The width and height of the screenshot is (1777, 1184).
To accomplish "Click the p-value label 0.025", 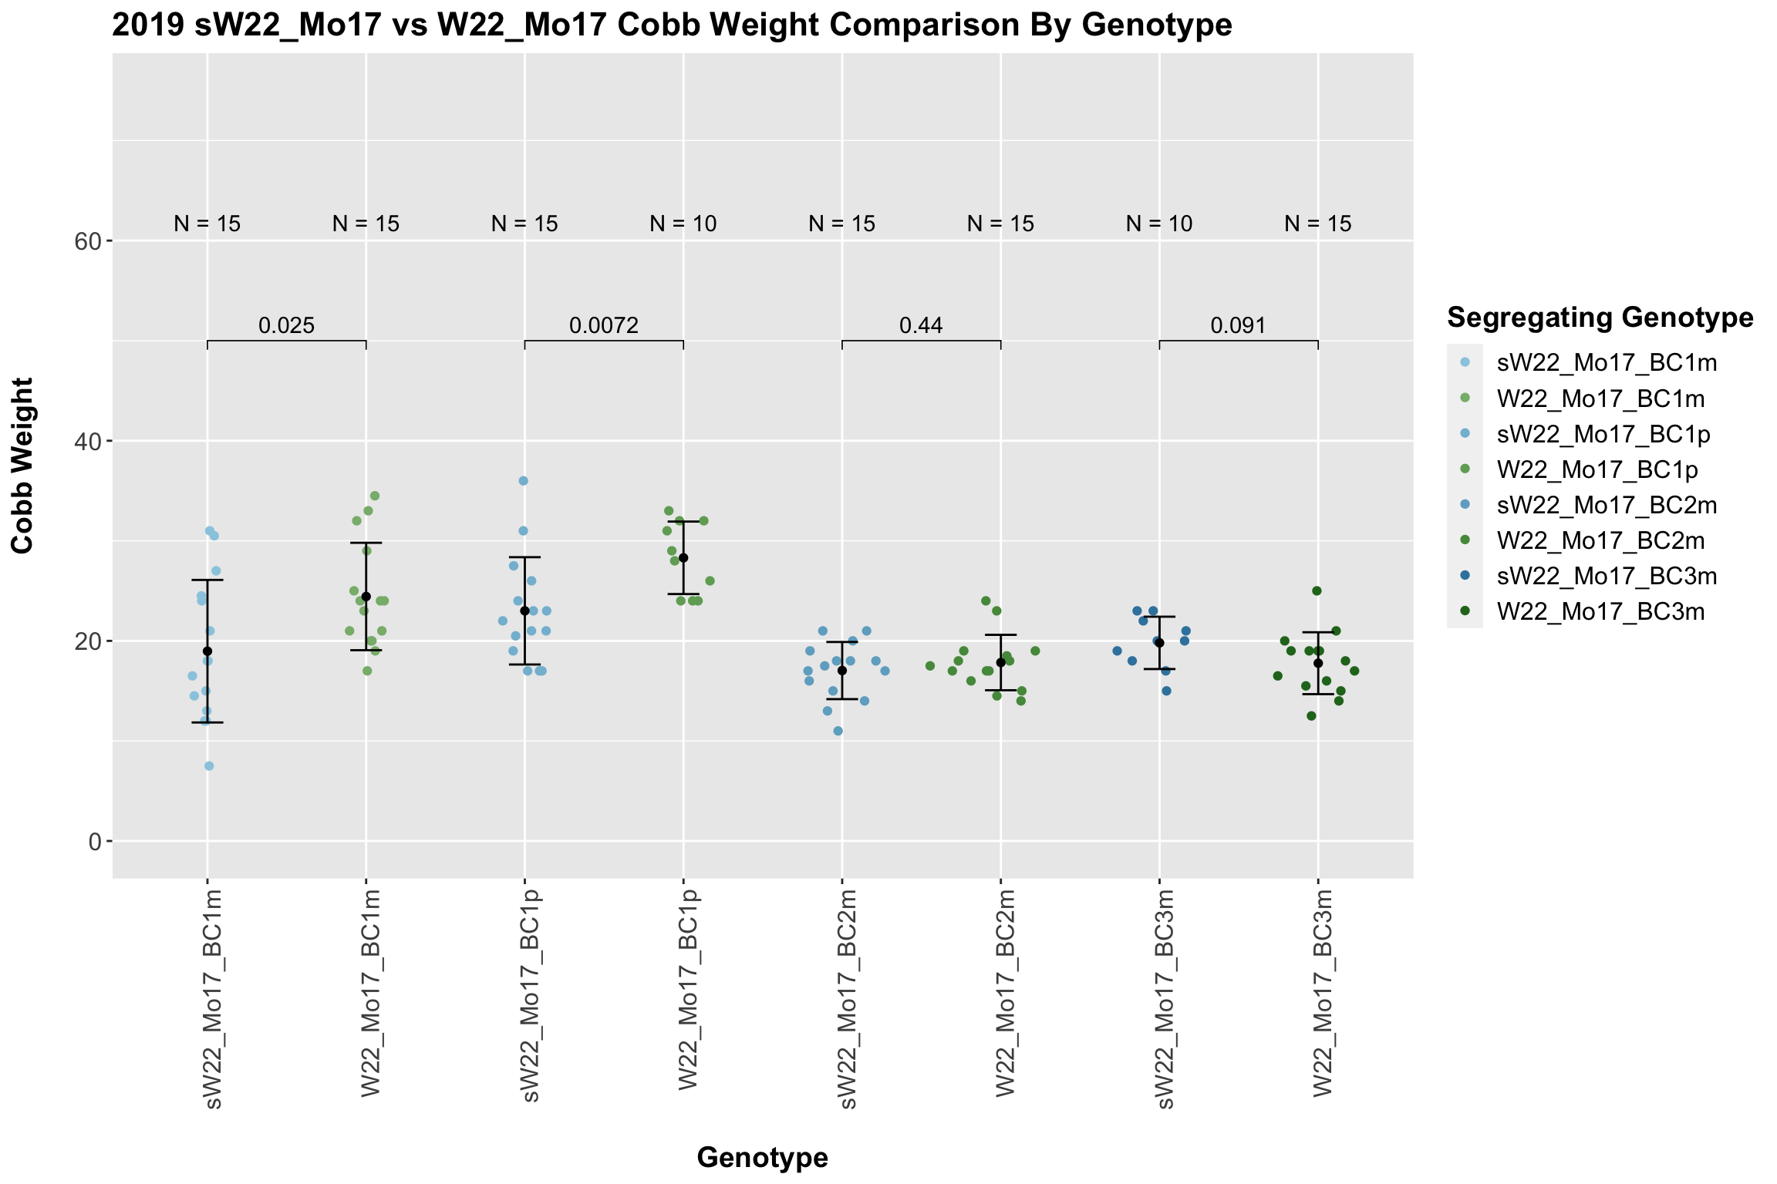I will click(286, 325).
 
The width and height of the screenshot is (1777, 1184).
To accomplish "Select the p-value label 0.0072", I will click(604, 325).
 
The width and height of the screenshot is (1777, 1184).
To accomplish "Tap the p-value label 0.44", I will click(921, 325).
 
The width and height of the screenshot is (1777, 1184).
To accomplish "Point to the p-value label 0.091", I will click(1238, 325).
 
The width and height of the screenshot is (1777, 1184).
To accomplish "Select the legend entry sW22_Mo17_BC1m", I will click(1607, 363).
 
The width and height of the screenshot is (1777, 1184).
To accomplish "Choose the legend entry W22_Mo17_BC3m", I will click(1600, 612).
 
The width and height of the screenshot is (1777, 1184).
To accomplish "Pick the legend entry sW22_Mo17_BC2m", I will click(1607, 505).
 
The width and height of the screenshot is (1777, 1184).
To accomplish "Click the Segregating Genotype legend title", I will click(1600, 318).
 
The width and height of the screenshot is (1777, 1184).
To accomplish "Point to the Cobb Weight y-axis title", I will click(23, 466).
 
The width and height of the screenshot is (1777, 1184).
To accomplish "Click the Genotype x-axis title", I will click(762, 1157).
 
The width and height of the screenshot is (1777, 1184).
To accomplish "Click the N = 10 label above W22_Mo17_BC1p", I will click(683, 224).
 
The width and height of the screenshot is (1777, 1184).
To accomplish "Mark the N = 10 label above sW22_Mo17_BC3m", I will click(1159, 224).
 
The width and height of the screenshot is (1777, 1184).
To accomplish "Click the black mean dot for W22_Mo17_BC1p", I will click(683, 558).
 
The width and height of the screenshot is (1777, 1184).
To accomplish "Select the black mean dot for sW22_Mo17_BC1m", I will click(207, 651).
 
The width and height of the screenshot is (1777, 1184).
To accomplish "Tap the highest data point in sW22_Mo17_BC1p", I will click(523, 481).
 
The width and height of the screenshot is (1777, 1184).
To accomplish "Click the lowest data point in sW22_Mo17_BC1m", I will click(209, 766).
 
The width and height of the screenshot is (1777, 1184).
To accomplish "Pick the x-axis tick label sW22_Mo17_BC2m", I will click(845, 999).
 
